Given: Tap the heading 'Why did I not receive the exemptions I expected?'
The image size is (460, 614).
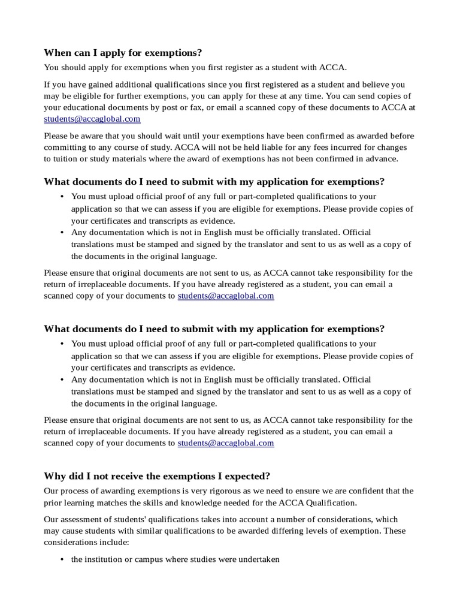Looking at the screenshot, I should tap(157, 476).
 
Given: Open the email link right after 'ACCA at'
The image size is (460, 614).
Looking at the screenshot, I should tap(92, 119).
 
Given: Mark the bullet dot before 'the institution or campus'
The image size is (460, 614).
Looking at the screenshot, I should tap(63, 560).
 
